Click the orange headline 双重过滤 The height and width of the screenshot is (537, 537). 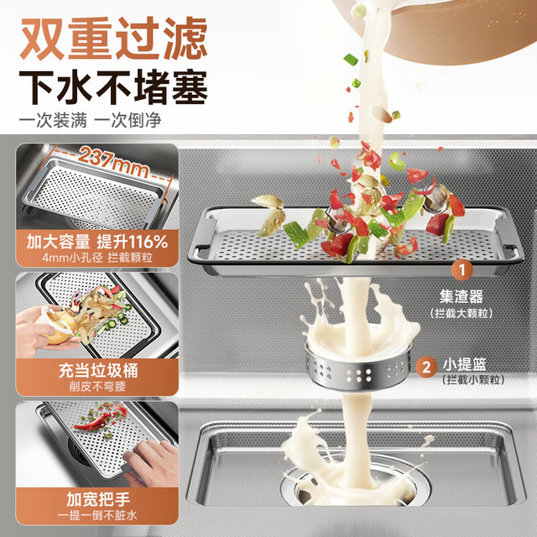[113, 38]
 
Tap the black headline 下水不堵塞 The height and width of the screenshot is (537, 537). [113, 87]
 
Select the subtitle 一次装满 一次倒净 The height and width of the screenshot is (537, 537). [90, 120]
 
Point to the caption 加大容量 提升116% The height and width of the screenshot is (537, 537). [97, 242]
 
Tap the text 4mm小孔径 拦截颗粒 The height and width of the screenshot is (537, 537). [97, 258]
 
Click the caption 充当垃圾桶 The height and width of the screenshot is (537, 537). [98, 370]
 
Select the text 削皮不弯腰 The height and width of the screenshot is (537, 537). [97, 387]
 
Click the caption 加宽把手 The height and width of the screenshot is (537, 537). [98, 499]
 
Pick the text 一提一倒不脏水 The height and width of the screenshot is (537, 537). [97, 515]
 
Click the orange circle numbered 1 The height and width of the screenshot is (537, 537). [461, 270]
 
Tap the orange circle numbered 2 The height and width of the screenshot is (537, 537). [426, 368]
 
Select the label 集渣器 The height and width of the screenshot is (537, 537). [461, 296]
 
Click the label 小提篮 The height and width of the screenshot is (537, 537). [464, 365]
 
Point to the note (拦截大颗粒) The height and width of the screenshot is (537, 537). [461, 313]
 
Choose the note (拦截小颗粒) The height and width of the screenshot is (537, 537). [473, 380]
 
